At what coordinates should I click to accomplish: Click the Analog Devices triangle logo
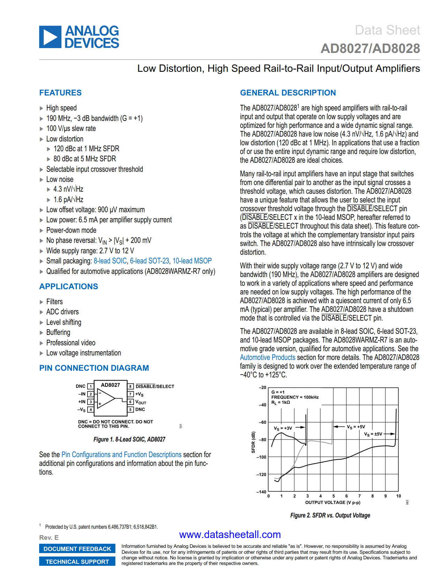tap(50, 37)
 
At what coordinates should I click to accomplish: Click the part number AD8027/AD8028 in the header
tap(370, 48)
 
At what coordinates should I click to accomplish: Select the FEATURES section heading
tap(60, 93)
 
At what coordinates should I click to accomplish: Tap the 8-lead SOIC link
tap(110, 261)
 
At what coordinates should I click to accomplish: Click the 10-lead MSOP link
tap(192, 261)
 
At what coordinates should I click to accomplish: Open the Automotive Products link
tap(267, 358)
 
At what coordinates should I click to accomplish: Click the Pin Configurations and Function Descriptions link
tap(121, 455)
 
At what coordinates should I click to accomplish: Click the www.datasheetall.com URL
tap(230, 535)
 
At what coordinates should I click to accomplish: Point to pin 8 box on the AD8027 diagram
tap(130, 386)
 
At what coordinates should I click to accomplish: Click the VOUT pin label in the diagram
tap(141, 402)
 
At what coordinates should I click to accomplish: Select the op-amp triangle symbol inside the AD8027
tap(106, 398)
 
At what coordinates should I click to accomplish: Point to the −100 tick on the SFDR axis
tap(261, 457)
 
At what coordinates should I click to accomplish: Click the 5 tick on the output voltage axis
tap(333, 496)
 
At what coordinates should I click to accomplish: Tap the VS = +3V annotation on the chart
tap(283, 428)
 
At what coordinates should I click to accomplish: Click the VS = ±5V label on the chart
tap(373, 434)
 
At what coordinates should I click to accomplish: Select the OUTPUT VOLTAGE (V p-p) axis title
tap(333, 503)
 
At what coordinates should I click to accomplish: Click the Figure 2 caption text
tap(330, 515)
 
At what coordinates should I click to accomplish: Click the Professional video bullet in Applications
tap(71, 343)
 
